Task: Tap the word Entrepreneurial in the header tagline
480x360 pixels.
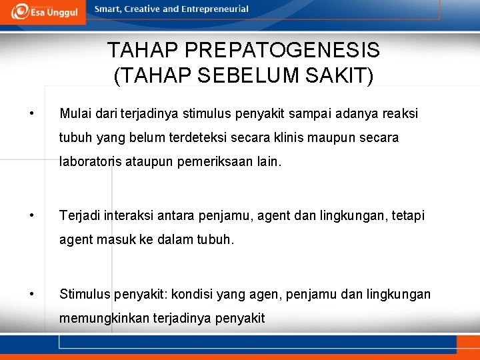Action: (214, 9)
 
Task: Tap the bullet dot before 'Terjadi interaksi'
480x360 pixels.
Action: (31, 215)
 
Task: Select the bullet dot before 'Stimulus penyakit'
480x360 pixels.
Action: (31, 293)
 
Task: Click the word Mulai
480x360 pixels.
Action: (75, 114)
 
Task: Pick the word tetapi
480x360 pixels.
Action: (407, 216)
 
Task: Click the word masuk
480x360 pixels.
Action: (118, 240)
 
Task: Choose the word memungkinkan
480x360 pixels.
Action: (101, 319)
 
